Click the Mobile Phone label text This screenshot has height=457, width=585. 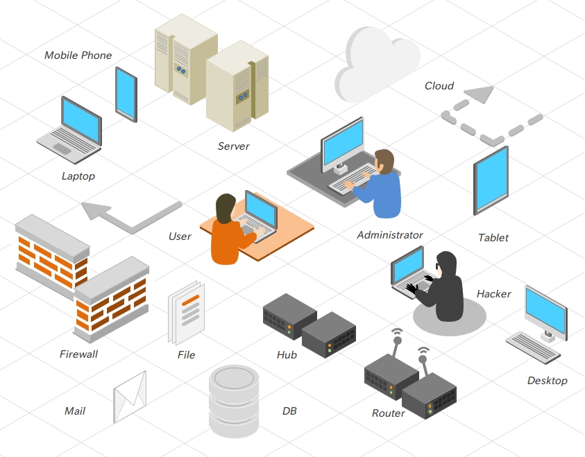[78, 55]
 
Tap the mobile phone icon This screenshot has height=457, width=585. [126, 94]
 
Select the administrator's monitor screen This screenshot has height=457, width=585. [343, 144]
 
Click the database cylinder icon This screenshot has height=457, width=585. [234, 402]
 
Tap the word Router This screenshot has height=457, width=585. [388, 413]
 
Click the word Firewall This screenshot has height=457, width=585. [78, 354]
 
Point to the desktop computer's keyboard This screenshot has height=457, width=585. [533, 347]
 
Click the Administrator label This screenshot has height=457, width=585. [389, 235]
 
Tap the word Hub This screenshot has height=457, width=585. [287, 355]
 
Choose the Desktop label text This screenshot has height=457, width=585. [547, 381]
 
